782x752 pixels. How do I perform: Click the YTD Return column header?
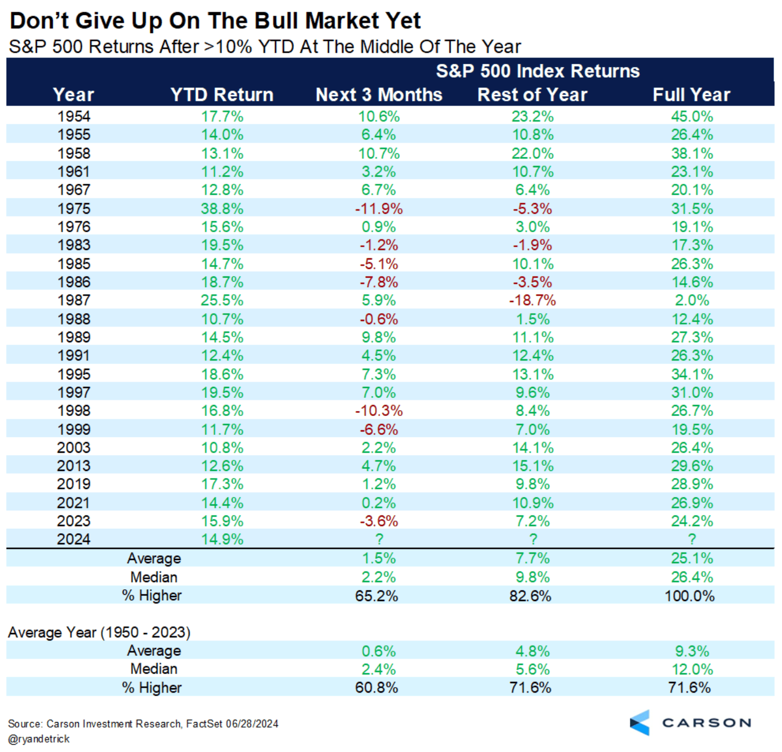(x=222, y=95)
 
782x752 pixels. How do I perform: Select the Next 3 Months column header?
(x=379, y=95)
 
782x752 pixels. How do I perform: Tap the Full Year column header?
(x=691, y=95)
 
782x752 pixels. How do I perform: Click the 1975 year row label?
(x=73, y=209)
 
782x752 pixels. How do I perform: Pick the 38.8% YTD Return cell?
(x=222, y=209)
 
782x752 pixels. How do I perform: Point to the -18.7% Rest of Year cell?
(x=532, y=300)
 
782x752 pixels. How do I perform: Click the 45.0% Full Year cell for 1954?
(x=691, y=117)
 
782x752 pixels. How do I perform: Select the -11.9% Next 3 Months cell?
(x=379, y=209)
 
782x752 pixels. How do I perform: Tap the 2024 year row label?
(x=73, y=539)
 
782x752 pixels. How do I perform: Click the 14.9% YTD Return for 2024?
(x=222, y=539)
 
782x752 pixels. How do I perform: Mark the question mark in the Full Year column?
(x=691, y=539)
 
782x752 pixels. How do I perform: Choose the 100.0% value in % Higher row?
(x=689, y=596)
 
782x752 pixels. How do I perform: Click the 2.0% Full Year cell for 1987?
(x=691, y=300)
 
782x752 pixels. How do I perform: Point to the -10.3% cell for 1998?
(x=379, y=411)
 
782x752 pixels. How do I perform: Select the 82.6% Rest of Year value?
(x=530, y=596)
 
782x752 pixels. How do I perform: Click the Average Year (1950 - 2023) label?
(x=99, y=633)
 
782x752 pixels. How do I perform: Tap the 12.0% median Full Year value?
(x=691, y=669)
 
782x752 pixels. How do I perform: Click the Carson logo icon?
(x=640, y=723)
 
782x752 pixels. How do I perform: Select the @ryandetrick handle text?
(x=39, y=739)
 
